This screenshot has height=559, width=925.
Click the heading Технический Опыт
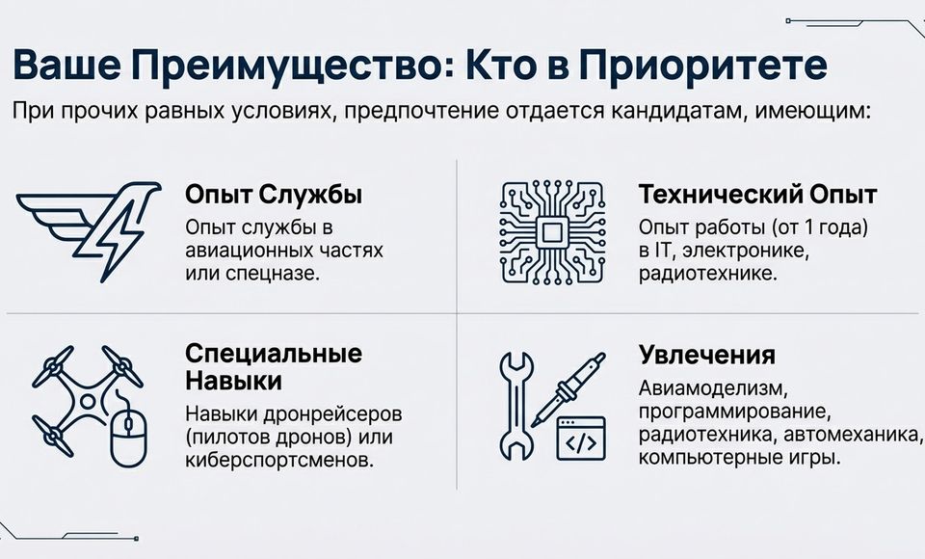[757, 194]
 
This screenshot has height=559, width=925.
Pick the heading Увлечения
[706, 356]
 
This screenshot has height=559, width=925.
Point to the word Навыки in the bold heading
[233, 382]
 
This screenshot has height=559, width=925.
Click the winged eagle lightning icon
[89, 230]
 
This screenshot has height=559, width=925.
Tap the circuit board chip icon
[553, 232]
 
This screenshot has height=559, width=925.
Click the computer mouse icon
[129, 434]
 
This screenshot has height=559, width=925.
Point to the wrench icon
[516, 405]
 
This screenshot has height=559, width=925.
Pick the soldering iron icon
[568, 389]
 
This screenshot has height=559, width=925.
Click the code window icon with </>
[581, 438]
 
